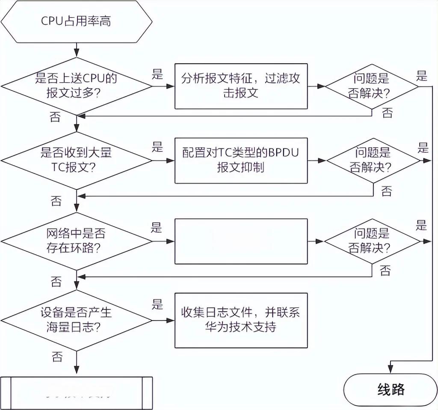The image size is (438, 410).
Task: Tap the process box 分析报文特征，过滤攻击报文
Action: click(x=241, y=86)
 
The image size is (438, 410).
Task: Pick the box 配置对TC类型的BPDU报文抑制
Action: click(x=241, y=160)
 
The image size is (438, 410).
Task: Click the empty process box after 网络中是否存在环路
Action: click(x=241, y=241)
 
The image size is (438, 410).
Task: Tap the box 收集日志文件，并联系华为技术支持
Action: click(x=241, y=320)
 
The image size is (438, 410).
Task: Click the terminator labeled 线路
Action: click(x=391, y=389)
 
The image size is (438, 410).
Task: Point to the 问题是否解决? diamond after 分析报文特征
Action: click(x=372, y=86)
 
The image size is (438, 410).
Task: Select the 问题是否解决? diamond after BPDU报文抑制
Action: click(x=373, y=160)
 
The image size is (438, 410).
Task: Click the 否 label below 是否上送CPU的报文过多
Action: click(x=55, y=116)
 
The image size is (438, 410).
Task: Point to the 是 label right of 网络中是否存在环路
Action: click(x=157, y=227)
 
